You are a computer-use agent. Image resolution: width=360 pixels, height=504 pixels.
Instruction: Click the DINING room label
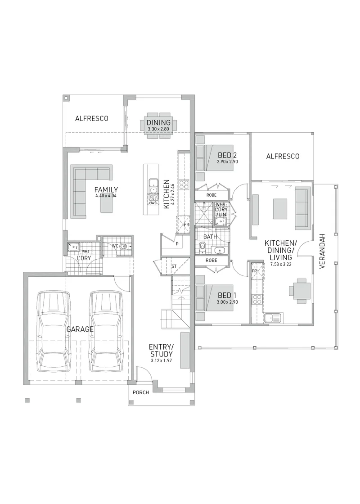[x=158, y=122]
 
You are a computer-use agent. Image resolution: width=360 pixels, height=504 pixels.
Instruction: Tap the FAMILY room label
[x=106, y=189]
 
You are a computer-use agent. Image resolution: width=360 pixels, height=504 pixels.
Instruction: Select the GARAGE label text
[x=80, y=329]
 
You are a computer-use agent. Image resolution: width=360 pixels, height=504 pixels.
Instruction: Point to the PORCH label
[x=141, y=392]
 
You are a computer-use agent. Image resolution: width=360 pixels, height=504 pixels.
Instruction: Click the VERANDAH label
[x=322, y=251]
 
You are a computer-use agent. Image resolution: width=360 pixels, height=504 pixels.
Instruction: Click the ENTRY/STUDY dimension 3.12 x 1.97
[x=162, y=361]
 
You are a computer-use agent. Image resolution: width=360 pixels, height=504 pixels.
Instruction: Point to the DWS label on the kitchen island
[x=153, y=203]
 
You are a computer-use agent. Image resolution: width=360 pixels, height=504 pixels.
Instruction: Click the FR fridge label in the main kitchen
[x=186, y=225]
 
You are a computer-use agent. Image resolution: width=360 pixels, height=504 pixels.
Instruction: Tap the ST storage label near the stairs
[x=174, y=266]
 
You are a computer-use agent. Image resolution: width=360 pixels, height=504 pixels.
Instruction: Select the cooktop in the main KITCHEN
[x=184, y=184]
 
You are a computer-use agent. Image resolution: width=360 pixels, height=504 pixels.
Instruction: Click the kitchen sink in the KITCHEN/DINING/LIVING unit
[x=273, y=318]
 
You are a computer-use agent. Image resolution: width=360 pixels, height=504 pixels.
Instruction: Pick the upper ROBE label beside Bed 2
[x=211, y=195]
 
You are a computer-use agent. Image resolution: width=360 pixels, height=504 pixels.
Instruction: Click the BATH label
[x=210, y=237]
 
